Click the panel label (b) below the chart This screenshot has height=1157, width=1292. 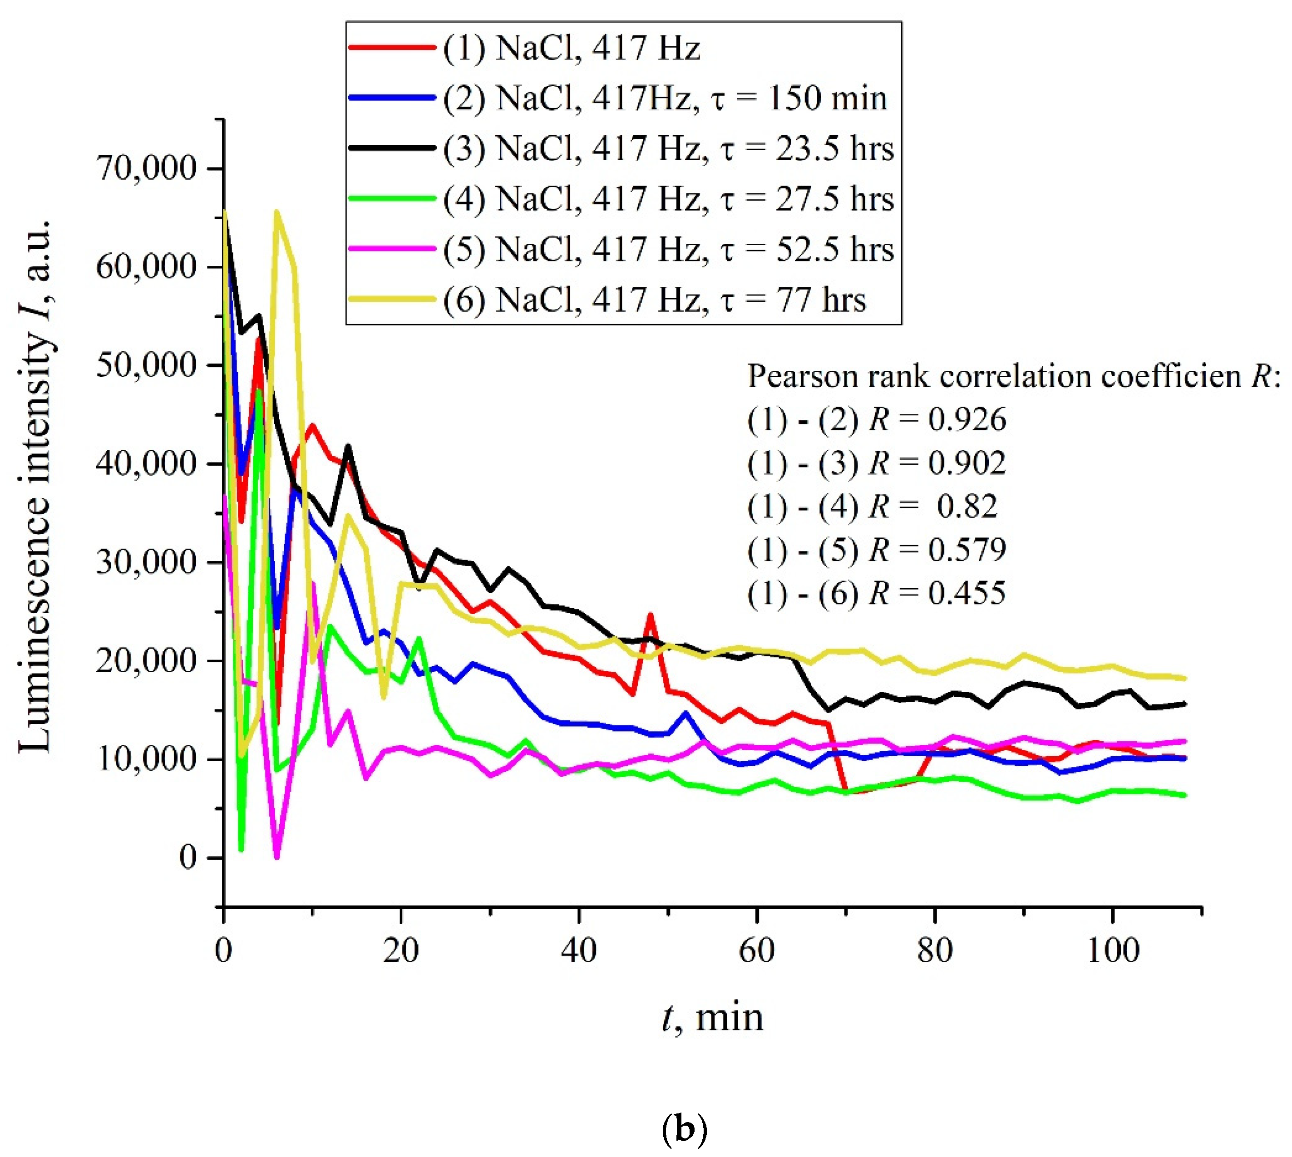pos(684,1130)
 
